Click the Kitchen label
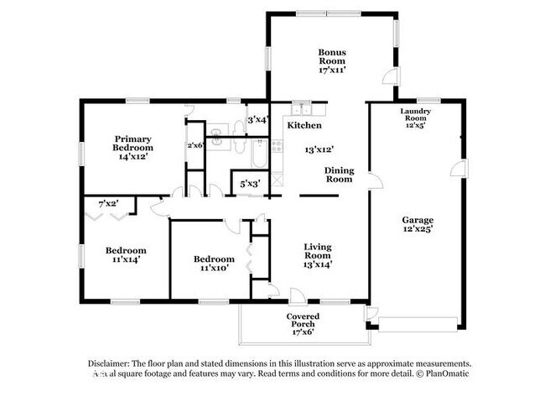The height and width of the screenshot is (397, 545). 304,125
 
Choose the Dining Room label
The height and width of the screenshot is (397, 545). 339,175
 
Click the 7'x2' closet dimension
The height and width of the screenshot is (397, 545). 108,203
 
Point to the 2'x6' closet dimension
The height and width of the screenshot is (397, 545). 195,144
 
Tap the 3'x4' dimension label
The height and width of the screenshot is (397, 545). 257,120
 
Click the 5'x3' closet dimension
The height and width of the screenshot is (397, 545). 250,183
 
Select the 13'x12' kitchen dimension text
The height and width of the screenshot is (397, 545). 320,149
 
